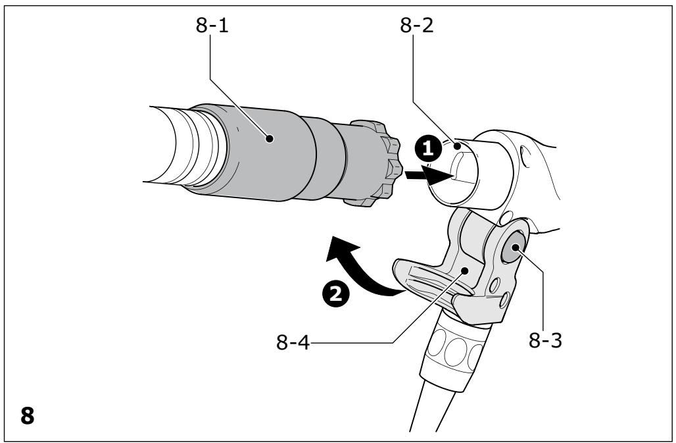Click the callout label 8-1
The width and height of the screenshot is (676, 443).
(212, 25)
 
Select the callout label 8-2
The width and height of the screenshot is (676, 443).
(416, 25)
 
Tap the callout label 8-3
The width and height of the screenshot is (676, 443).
(545, 340)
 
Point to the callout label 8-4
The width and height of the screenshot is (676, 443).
(293, 342)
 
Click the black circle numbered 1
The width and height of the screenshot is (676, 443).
(427, 149)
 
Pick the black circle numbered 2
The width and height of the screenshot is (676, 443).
(336, 294)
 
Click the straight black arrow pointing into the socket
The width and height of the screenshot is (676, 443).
(429, 175)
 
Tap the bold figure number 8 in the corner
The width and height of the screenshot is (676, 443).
(27, 416)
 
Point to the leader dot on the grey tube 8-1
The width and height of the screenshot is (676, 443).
(270, 138)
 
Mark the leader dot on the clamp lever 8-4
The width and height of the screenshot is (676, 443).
(465, 271)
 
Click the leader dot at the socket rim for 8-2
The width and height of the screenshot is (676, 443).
(458, 146)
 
